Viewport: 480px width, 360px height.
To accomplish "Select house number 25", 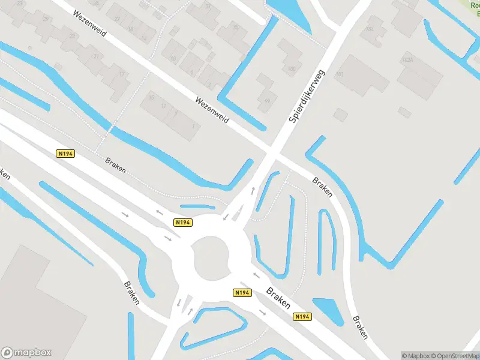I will click(73, 36).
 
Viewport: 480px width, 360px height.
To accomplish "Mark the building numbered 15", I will click(151, 98).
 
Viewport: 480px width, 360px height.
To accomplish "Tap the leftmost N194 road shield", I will click(65, 154).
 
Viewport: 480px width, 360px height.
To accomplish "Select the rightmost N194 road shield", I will click(302, 316).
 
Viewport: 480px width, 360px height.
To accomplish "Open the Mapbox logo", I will click(26, 353).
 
